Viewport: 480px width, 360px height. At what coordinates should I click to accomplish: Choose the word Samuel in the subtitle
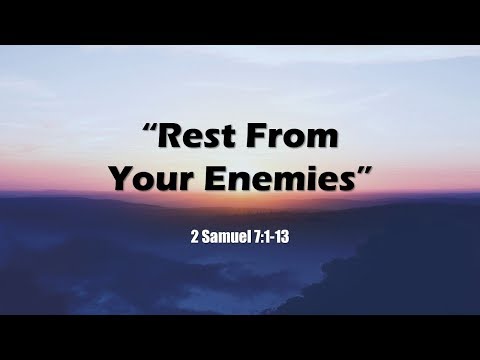tap(225, 241)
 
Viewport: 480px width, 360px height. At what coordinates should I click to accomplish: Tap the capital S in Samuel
tap(205, 241)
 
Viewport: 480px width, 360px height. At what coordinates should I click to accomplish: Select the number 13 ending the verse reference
tap(285, 241)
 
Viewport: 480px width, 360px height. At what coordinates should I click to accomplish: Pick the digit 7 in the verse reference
tap(258, 241)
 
